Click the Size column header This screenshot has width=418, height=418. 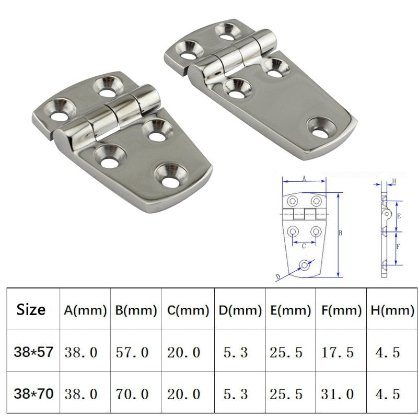[31, 309]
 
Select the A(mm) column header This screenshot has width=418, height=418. [85, 310]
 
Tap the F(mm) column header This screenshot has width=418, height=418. [341, 310]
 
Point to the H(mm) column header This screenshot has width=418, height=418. [391, 310]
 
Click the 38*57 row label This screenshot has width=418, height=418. [33, 352]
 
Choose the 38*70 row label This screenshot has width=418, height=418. [33, 393]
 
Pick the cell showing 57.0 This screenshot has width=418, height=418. [132, 352]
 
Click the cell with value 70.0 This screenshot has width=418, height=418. [132, 393]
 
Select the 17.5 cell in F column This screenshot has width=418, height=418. [337, 352]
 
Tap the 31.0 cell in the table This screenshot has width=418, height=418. [337, 393]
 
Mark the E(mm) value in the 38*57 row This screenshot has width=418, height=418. [286, 352]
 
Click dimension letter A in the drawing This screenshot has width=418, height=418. [304, 178]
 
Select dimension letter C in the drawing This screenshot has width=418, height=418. [304, 245]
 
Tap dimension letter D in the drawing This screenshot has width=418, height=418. [277, 277]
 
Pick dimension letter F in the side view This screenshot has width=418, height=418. [398, 246]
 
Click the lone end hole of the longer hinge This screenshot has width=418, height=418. [322, 126]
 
